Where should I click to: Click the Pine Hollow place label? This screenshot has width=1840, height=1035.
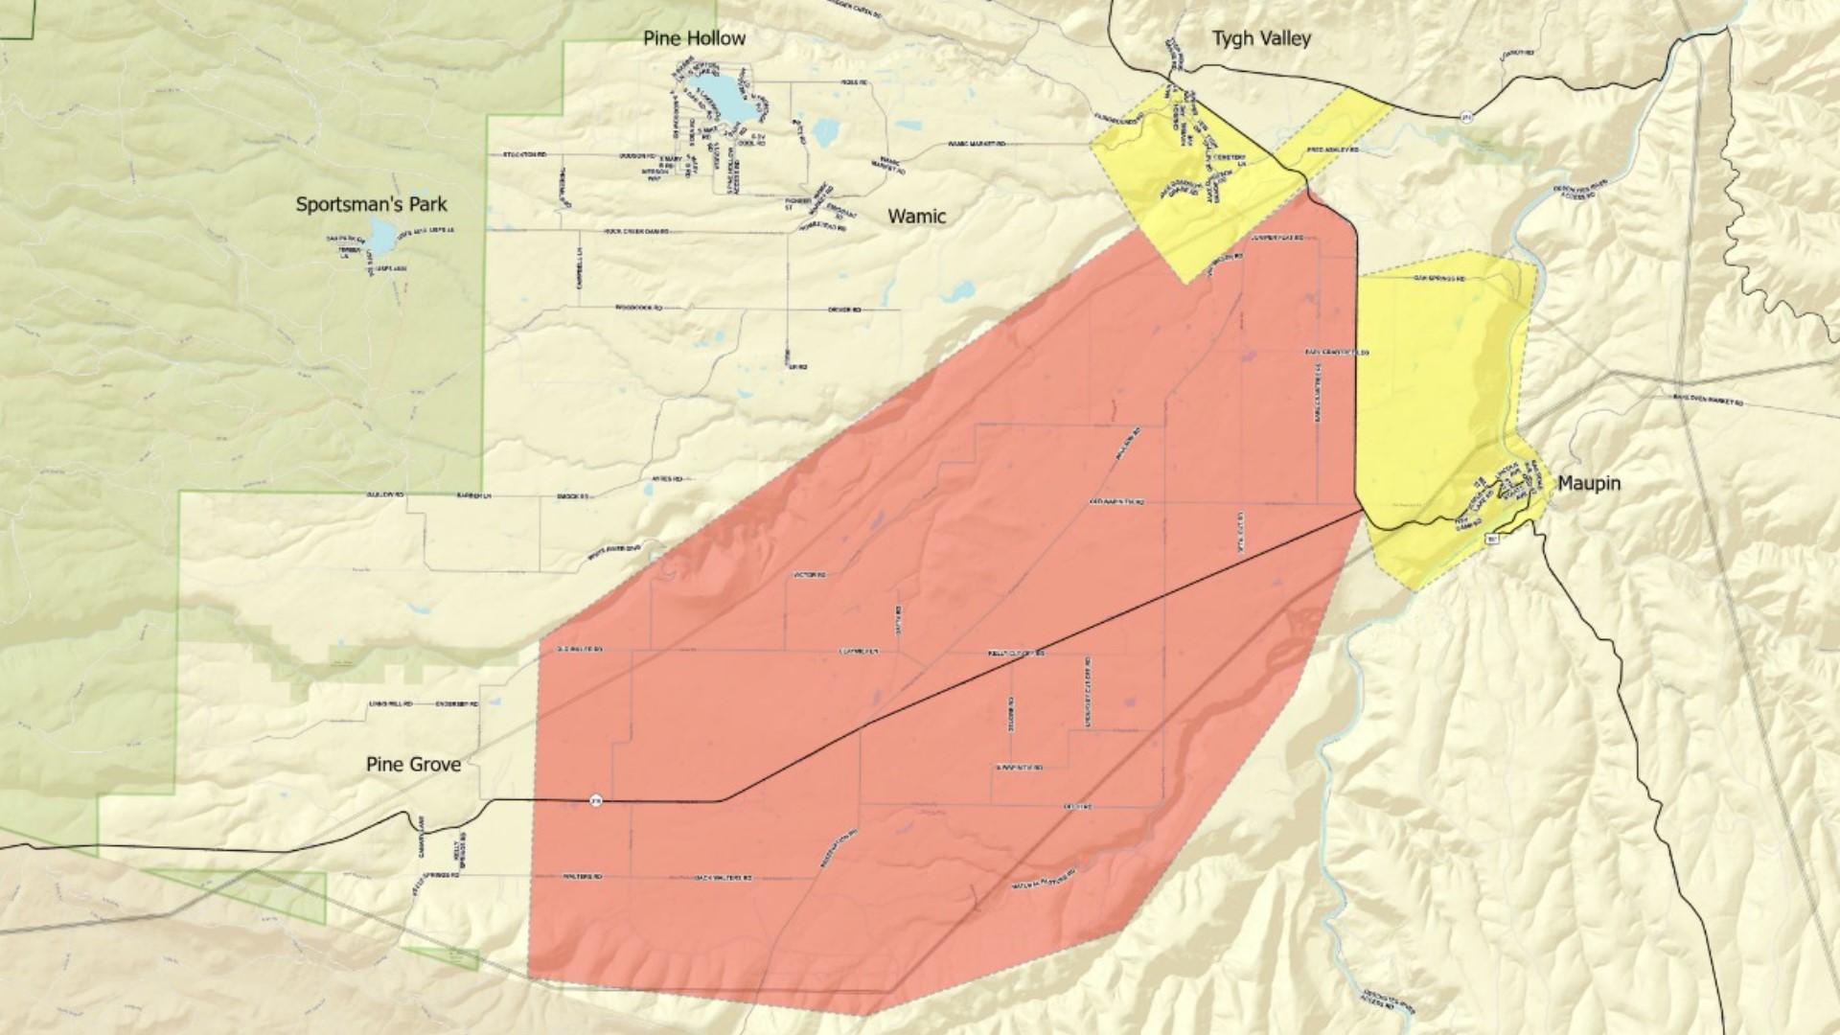pos(694,38)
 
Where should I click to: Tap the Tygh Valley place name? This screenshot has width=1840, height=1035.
pos(1260,38)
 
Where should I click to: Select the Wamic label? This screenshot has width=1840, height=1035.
pos(916,216)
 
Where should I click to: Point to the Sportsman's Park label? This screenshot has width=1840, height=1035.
pos(371,204)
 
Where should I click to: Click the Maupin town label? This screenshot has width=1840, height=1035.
pos(1588,483)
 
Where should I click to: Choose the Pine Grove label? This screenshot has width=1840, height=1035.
pos(413,764)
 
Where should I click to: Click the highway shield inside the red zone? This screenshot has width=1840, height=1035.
pos(595,799)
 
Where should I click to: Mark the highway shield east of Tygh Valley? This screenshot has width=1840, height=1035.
pos(1466,117)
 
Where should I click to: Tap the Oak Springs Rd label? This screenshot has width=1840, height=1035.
pos(1438,279)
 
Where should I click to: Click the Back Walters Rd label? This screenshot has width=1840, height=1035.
pos(723,878)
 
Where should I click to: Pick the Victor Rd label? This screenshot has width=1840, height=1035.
pos(810,575)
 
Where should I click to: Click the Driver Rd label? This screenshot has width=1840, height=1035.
pos(844,310)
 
